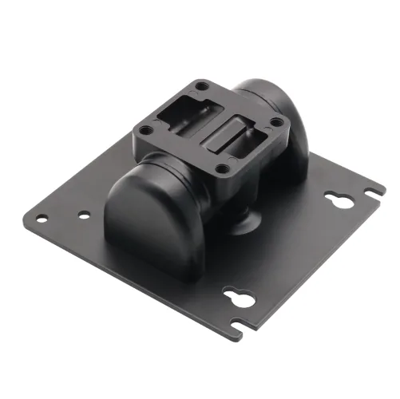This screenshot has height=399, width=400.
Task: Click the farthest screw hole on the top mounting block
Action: point(202,86)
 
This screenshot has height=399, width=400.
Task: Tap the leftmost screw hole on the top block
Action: point(145,130)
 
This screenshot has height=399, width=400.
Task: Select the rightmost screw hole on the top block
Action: point(276,122)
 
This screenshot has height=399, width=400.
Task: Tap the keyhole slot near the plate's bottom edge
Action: point(238,297)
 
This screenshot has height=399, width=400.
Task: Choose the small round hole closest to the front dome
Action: point(84,215)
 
